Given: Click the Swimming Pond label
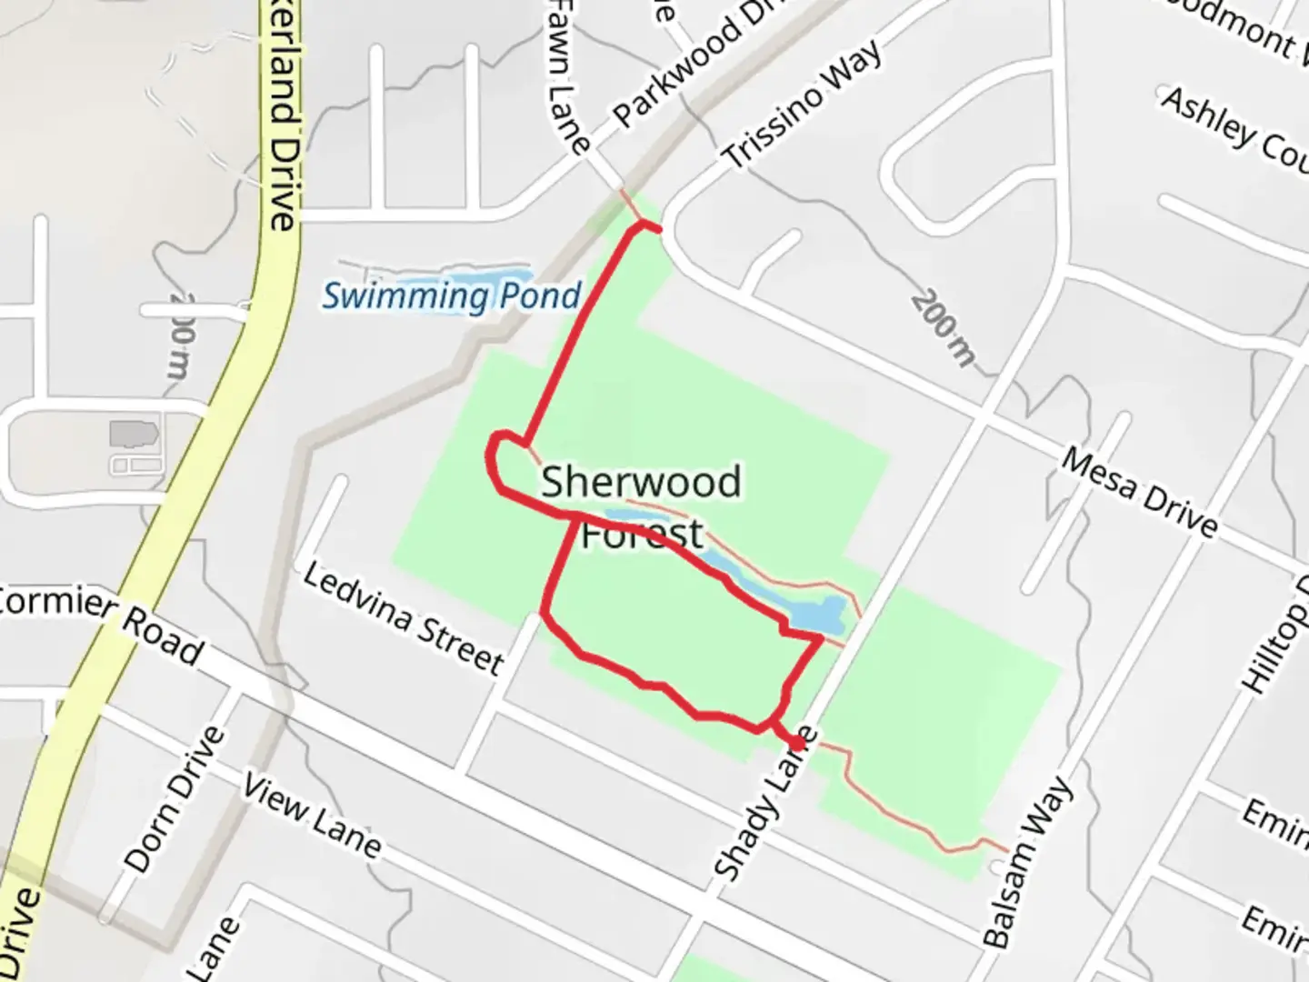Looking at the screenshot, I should point(452,296).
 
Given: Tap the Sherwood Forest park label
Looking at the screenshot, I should point(642,506).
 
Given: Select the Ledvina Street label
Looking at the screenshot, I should point(403,618).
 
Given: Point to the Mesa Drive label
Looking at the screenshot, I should point(1139,492).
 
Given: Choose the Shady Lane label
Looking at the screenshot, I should point(765,804).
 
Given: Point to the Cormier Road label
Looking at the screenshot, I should point(100,623).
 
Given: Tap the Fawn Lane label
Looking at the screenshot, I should point(569,76).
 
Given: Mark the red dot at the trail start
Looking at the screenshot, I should point(796,744).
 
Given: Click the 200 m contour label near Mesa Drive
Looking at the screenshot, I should point(944,327).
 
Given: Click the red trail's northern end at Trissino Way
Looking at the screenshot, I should point(656,228).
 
